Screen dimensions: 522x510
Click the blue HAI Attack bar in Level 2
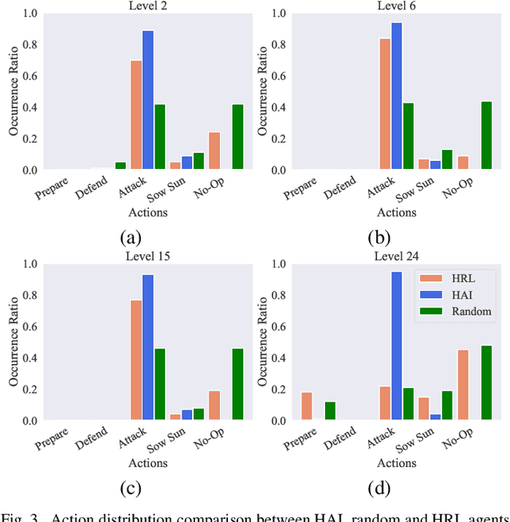148,100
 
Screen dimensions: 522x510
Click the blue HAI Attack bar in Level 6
397,96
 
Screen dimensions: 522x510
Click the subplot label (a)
131,237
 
